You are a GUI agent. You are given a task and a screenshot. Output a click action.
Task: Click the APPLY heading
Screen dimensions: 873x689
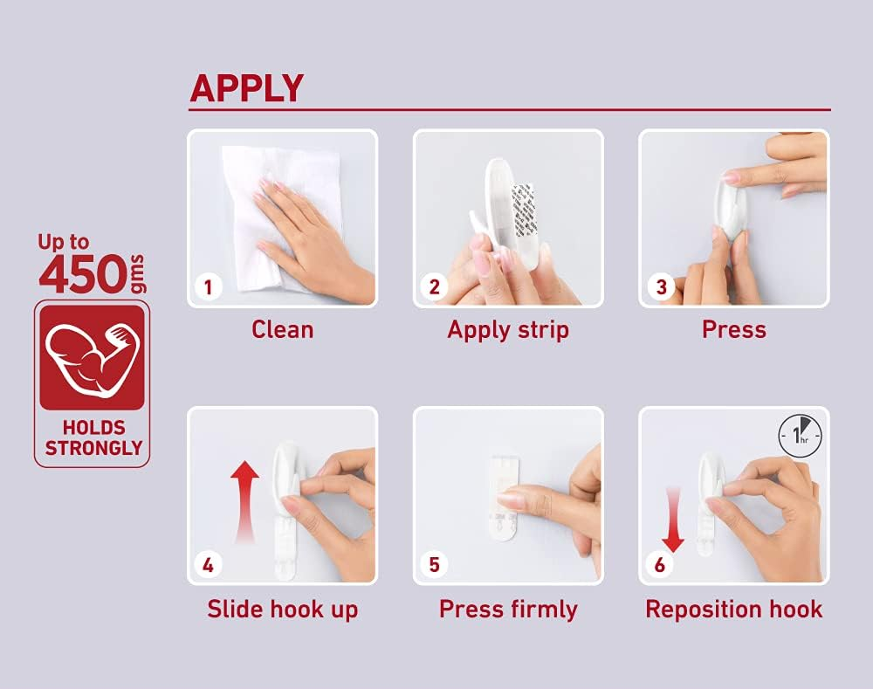point(247,88)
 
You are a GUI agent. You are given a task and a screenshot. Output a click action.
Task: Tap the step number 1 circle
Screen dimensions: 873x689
point(209,287)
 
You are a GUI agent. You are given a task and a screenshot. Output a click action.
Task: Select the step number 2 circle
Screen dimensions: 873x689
point(434,287)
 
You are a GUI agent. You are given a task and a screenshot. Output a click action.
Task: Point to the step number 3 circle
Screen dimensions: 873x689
point(661,287)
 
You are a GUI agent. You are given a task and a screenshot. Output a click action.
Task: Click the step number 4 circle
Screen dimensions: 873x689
point(209,565)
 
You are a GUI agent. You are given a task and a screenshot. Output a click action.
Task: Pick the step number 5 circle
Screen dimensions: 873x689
point(434,565)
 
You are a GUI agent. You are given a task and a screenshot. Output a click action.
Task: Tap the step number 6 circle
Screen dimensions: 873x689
point(660,565)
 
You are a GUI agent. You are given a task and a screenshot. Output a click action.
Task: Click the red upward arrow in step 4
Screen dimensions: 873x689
point(245,501)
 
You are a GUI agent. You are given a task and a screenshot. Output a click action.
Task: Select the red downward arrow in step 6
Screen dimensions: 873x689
point(673,519)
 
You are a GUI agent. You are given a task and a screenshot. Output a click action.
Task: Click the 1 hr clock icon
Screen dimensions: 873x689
point(800,436)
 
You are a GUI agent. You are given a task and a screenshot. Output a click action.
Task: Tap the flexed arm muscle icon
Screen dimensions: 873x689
point(93,358)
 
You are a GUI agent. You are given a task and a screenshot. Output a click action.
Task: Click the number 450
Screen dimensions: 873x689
point(83,274)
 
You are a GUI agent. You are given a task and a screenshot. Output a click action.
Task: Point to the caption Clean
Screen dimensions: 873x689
point(282,330)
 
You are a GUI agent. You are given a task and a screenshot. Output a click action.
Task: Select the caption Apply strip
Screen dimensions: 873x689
point(508,330)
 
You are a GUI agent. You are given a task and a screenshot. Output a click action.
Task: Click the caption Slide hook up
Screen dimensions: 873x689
point(282,610)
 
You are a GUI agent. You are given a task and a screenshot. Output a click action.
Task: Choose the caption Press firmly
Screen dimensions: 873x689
point(508,610)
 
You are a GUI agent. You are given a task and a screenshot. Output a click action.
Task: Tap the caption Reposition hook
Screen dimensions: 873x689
point(734,610)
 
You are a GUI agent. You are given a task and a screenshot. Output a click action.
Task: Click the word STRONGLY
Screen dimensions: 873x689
point(93,448)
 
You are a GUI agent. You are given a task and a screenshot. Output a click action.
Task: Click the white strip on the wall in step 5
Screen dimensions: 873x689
point(505,499)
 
